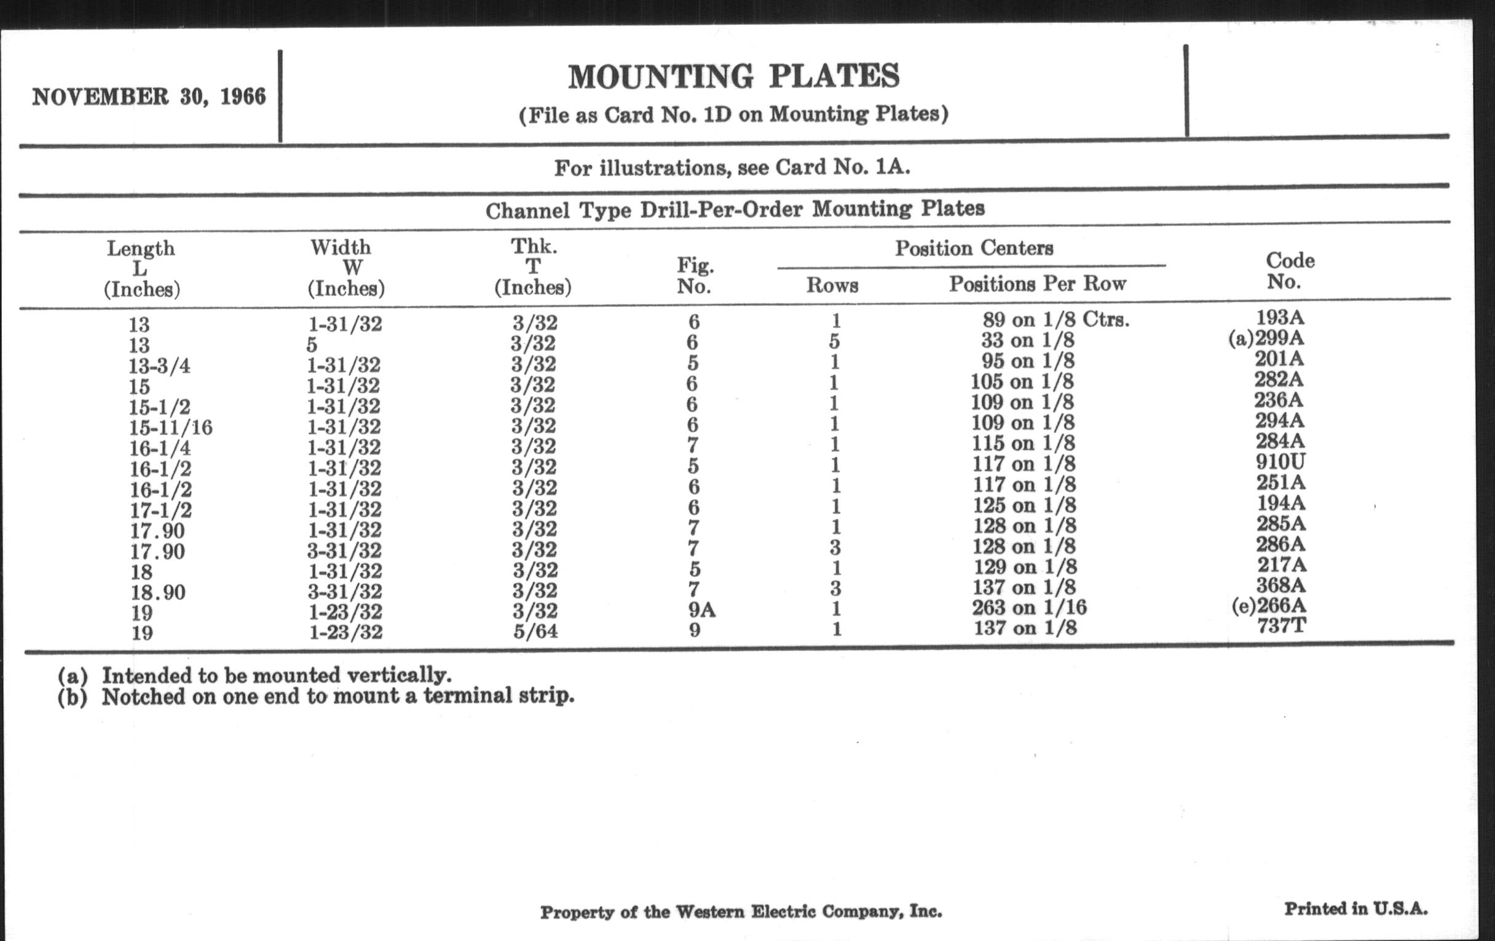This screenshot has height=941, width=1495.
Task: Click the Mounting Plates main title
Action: tap(733, 77)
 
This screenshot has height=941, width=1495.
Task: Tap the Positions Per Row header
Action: tap(1037, 284)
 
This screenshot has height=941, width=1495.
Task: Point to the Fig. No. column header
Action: tap(695, 276)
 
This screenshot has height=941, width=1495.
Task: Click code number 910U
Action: tap(1280, 461)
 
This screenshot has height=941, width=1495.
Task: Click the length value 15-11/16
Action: tap(171, 427)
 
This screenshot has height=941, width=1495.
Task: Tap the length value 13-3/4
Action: tap(160, 366)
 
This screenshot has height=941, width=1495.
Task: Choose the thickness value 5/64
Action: tap(535, 632)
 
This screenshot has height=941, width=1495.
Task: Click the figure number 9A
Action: tap(701, 611)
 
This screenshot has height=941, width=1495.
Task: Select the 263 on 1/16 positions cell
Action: tap(1029, 607)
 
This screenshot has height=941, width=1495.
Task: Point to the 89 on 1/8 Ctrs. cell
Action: tap(1055, 320)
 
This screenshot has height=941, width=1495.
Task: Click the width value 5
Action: tap(312, 344)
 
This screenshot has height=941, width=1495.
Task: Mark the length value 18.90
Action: tap(158, 592)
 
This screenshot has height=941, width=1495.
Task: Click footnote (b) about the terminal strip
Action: tap(316, 696)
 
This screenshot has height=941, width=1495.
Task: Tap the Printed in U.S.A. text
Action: tap(1355, 908)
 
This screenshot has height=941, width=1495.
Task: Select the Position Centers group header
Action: tap(974, 248)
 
